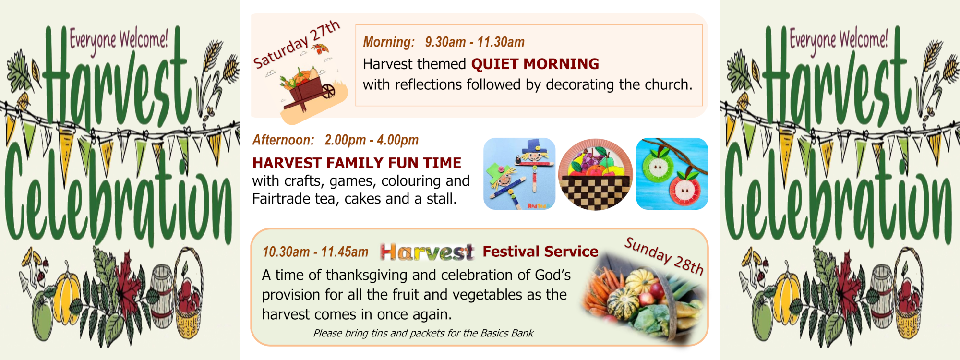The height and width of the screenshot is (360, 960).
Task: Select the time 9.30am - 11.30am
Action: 475,42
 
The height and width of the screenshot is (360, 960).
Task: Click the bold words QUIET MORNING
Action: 535,64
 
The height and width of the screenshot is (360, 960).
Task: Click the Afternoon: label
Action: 283,140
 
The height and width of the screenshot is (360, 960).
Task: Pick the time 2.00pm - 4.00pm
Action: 372,140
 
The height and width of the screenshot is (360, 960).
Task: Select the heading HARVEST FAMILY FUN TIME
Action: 357,163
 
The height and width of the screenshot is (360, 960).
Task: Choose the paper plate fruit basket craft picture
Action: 596,174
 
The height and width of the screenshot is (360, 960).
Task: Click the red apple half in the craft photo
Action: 685,190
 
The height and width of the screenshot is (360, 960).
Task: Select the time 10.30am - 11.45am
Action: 315,252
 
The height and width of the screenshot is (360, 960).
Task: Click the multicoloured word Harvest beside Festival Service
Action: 427,252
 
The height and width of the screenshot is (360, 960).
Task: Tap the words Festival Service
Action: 540,252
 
